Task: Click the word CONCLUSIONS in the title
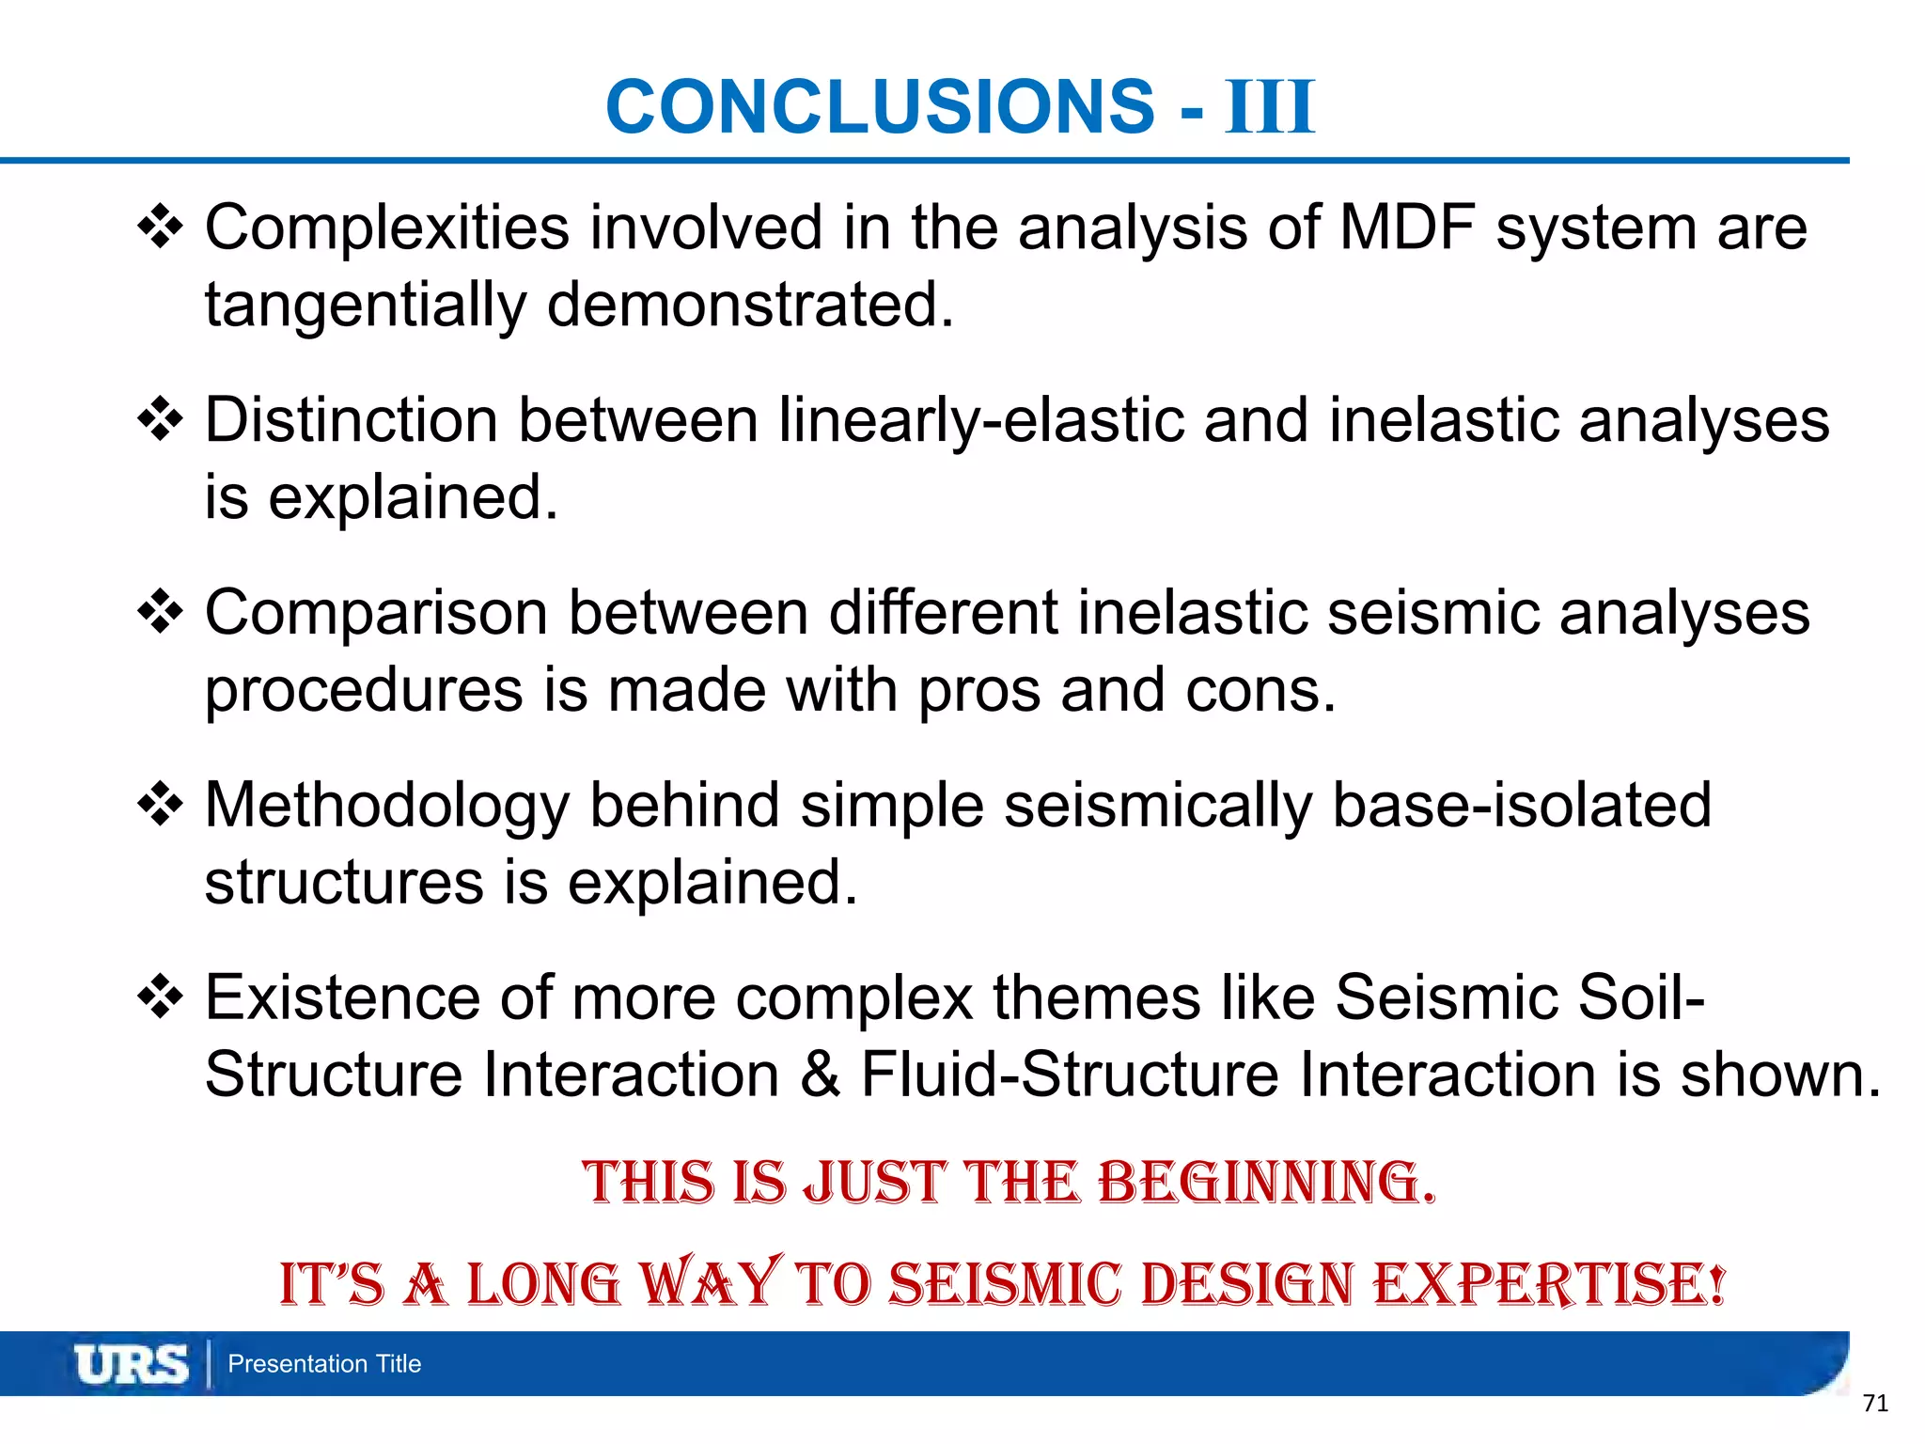click(880, 106)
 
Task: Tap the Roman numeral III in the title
click(1269, 108)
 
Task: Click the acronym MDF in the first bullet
click(1406, 228)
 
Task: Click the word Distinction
click(351, 420)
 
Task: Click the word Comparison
click(376, 613)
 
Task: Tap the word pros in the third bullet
click(978, 692)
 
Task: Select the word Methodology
click(387, 806)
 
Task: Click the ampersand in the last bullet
click(820, 1075)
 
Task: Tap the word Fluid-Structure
click(1069, 1075)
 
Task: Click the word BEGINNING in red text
click(1266, 1183)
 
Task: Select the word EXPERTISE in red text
click(1549, 1284)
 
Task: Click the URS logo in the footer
click(131, 1364)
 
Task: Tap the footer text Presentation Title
click(324, 1364)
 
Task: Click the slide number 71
click(1874, 1404)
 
